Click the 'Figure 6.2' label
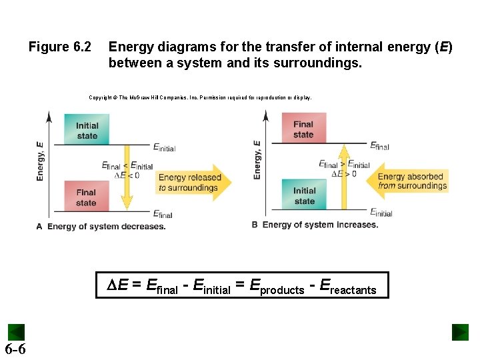(59, 47)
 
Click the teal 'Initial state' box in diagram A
(87, 129)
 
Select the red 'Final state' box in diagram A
(86, 197)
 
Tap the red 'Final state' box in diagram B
(303, 128)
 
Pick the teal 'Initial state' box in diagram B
(304, 195)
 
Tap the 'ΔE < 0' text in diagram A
(127, 175)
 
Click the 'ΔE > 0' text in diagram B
(345, 173)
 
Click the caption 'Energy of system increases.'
(320, 225)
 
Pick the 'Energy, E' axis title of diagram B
(257, 159)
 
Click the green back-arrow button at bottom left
(16, 332)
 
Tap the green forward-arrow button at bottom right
(460, 332)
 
